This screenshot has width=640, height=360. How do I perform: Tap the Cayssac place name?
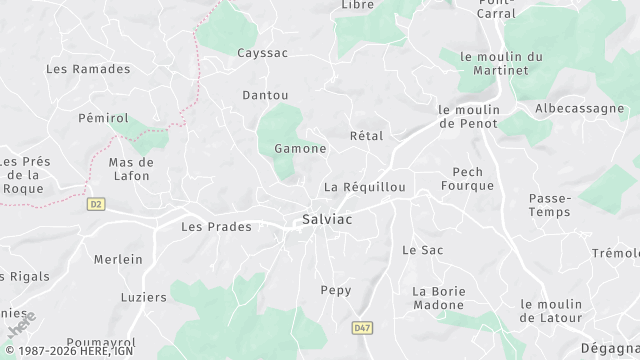[x=263, y=52]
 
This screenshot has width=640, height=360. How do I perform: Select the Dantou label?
[x=265, y=95]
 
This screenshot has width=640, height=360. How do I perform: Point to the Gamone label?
[x=300, y=148]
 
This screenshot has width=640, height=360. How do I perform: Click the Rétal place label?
[x=366, y=135]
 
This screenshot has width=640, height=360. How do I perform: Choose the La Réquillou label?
[x=365, y=187]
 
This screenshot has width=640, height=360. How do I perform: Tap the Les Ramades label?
[x=89, y=69]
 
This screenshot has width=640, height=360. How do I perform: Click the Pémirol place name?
[x=103, y=118]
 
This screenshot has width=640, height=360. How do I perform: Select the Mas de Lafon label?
[x=131, y=169]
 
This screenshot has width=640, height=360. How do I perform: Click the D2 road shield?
[x=96, y=204]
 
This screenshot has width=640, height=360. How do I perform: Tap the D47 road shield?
[x=361, y=327]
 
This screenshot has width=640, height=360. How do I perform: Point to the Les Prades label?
[x=216, y=227]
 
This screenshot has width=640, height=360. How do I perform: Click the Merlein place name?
[x=118, y=259]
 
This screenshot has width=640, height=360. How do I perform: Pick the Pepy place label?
[x=335, y=290]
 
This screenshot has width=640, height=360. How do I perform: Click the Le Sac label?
[x=422, y=249]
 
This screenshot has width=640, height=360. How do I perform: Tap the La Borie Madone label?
[x=440, y=298]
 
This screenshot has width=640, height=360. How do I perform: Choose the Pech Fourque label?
[x=468, y=178]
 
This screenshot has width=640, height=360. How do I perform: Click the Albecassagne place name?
[x=580, y=108]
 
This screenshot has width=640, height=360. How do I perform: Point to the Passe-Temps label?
[x=550, y=205]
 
